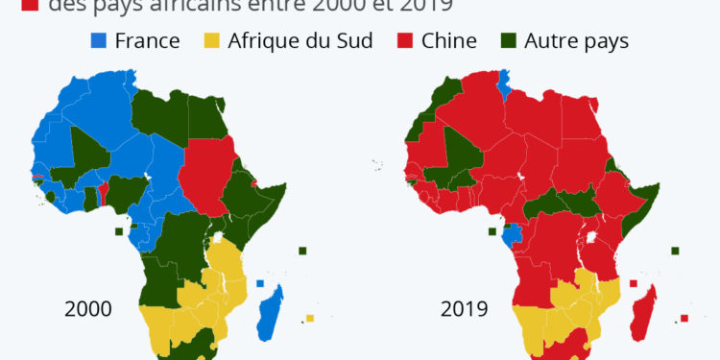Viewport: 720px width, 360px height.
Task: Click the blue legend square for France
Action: click(x=98, y=41)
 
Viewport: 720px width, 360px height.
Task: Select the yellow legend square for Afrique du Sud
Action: click(x=210, y=41)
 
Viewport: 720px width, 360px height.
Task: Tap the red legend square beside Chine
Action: click(x=407, y=41)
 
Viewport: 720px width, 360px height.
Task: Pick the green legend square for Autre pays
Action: click(x=508, y=41)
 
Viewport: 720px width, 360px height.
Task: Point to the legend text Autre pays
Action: click(x=578, y=41)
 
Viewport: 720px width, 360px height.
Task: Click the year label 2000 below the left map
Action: click(x=88, y=309)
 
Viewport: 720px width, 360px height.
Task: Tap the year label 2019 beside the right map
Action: click(x=465, y=309)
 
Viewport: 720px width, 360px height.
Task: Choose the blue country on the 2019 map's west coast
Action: click(x=514, y=233)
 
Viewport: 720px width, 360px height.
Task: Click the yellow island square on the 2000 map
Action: click(x=309, y=319)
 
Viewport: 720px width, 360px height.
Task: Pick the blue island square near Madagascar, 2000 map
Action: click(x=260, y=283)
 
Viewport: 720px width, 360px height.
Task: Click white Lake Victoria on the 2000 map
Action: click(x=220, y=237)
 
